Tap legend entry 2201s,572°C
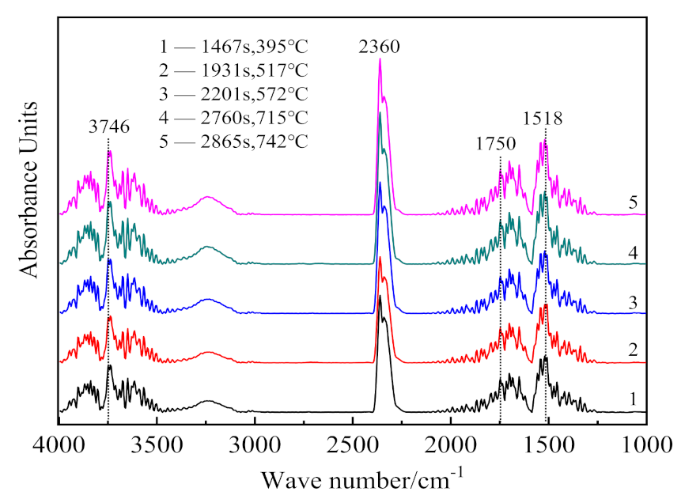233,99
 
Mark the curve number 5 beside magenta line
633,202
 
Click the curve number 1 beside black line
633,399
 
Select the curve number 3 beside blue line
633,301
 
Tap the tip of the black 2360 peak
380,297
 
